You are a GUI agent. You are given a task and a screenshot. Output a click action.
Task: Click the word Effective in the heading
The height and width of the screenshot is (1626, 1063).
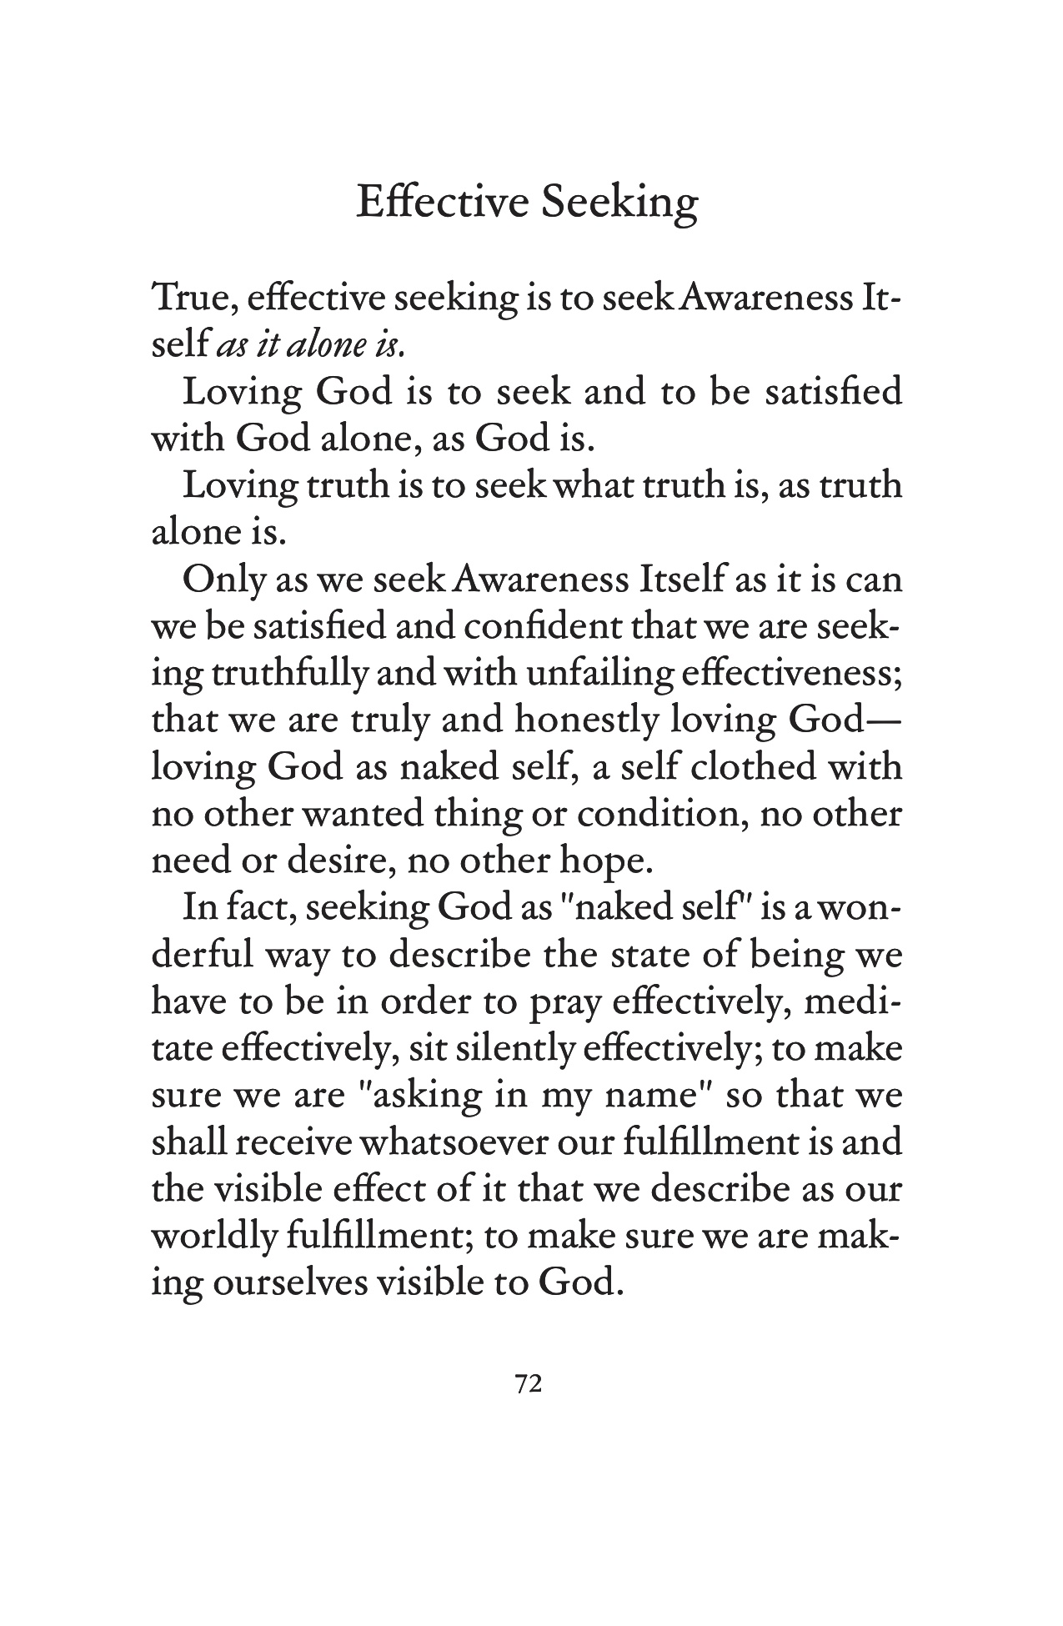pos(443,203)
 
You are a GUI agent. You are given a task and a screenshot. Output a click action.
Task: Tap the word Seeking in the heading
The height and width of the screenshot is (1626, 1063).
pos(619,204)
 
